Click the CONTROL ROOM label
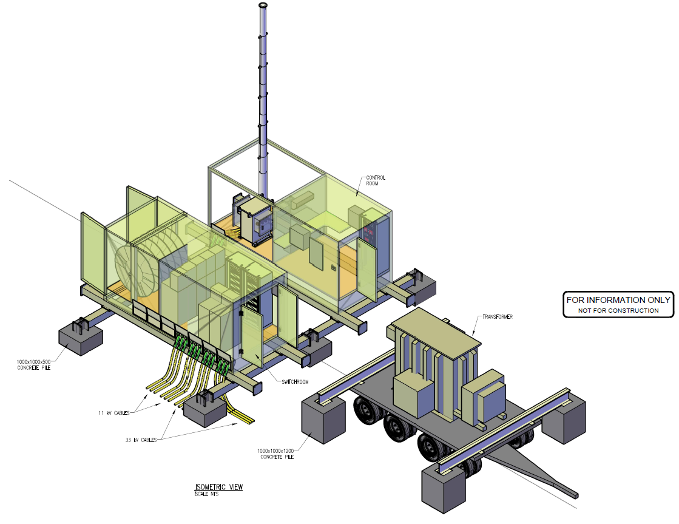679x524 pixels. point(376,180)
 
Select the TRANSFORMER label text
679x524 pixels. point(498,317)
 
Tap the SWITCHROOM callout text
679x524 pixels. point(295,382)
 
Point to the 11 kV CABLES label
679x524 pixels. point(114,413)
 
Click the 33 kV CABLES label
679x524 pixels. point(141,440)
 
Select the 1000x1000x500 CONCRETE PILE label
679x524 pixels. point(34,364)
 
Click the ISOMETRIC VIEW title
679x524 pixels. point(218,487)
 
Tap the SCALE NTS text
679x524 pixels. point(206,494)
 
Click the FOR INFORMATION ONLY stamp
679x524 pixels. point(618,304)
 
